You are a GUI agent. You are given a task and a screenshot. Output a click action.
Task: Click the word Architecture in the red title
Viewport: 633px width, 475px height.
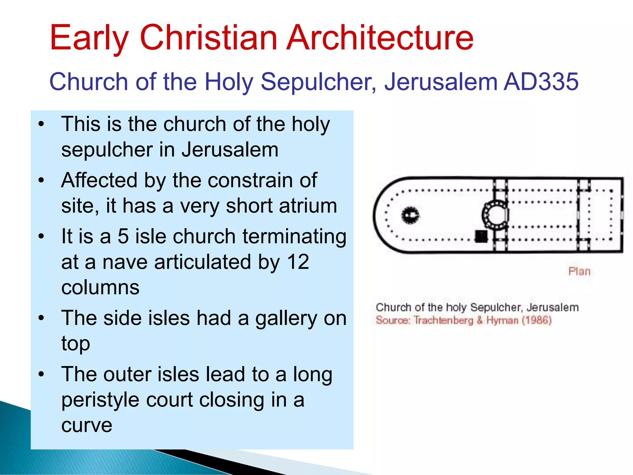coord(380,38)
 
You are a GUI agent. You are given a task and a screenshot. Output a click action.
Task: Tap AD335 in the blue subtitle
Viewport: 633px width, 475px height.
coord(541,82)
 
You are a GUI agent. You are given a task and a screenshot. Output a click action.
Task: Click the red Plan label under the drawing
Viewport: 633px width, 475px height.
coord(580,271)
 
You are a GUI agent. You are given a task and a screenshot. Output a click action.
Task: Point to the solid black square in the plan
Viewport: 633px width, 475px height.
coord(481,236)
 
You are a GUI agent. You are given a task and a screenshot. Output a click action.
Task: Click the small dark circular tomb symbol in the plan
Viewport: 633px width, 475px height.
coord(410,215)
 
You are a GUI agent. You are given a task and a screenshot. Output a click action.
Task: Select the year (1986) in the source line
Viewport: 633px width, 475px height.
coord(537,320)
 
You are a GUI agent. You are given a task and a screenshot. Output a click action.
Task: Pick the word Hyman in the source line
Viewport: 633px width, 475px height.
coord(502,320)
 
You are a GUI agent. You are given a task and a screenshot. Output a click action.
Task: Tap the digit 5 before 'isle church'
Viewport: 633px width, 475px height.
coord(123,236)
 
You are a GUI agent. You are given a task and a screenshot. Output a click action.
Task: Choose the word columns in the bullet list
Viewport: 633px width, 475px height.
coord(100,287)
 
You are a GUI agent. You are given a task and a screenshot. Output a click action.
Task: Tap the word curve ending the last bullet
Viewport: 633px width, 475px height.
coord(87,425)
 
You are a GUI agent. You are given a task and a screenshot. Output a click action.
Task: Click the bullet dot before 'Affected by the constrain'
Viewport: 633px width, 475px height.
coord(41,180)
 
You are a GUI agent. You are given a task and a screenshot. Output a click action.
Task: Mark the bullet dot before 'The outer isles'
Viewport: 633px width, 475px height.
coord(41,374)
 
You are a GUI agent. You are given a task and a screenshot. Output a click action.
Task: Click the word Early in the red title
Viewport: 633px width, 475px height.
coord(89,38)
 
